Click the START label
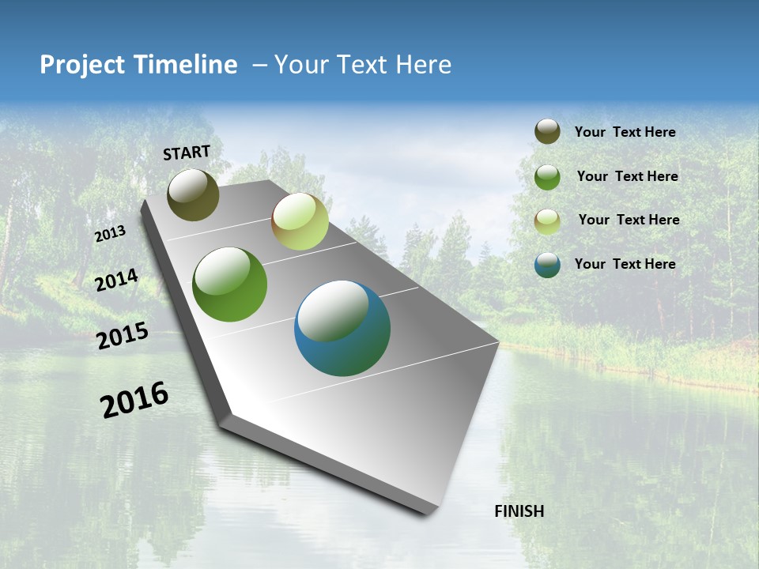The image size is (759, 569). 187,153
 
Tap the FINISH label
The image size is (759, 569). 519,511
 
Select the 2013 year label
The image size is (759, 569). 110,234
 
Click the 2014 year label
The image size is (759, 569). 116,280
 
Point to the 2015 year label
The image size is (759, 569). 123,336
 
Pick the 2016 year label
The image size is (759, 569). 134,399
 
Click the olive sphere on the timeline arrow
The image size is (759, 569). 193,194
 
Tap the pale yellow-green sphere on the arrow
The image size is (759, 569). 300,221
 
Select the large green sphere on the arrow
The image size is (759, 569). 229,284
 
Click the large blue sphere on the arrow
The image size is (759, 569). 342,328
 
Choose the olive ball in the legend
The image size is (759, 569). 547,131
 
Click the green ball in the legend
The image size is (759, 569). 547,177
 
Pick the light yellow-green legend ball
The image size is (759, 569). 547,221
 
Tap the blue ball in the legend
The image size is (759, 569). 547,266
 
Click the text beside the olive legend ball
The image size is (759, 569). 625,132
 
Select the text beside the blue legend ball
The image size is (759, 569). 625,264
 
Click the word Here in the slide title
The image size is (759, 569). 423,65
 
